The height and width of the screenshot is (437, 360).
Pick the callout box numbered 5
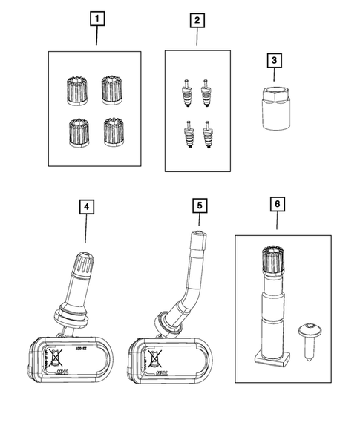click(x=198, y=203)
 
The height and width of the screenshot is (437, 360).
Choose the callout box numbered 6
click(x=278, y=203)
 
